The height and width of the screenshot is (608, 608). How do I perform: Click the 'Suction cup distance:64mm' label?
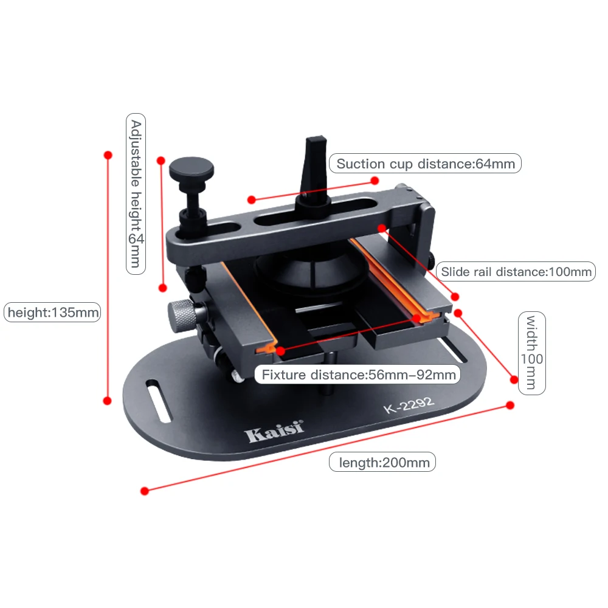425,164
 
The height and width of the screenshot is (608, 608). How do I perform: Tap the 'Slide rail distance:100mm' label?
516,271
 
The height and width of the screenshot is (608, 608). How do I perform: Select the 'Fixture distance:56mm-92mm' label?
358,375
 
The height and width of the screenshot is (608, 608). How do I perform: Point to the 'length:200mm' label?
382,463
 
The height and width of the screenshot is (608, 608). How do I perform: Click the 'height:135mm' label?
52,313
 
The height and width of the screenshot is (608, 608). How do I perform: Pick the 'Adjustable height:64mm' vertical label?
136,193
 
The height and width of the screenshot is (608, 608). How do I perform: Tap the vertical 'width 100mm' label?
531,353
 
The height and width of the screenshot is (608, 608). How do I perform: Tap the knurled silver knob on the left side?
181,315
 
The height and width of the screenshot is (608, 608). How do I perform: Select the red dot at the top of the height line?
108,156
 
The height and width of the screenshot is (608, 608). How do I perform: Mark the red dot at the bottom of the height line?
108,401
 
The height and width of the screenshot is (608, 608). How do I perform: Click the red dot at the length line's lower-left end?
144,491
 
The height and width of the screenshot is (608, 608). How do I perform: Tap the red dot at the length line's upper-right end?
510,405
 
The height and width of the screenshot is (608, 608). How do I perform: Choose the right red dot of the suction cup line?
375,180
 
